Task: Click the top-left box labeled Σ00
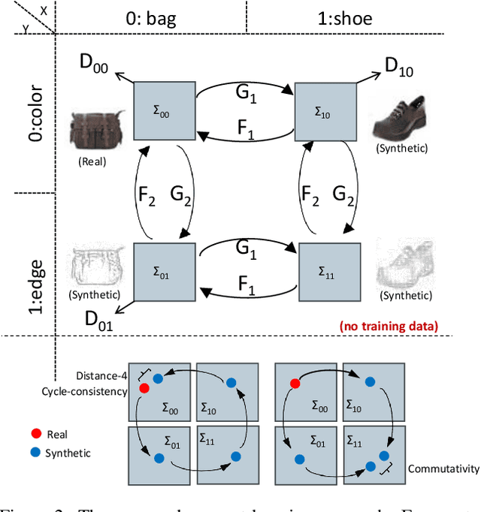(164, 110)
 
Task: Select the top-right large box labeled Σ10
(325, 110)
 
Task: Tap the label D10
(401, 66)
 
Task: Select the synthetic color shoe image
(401, 118)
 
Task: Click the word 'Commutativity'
(443, 468)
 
